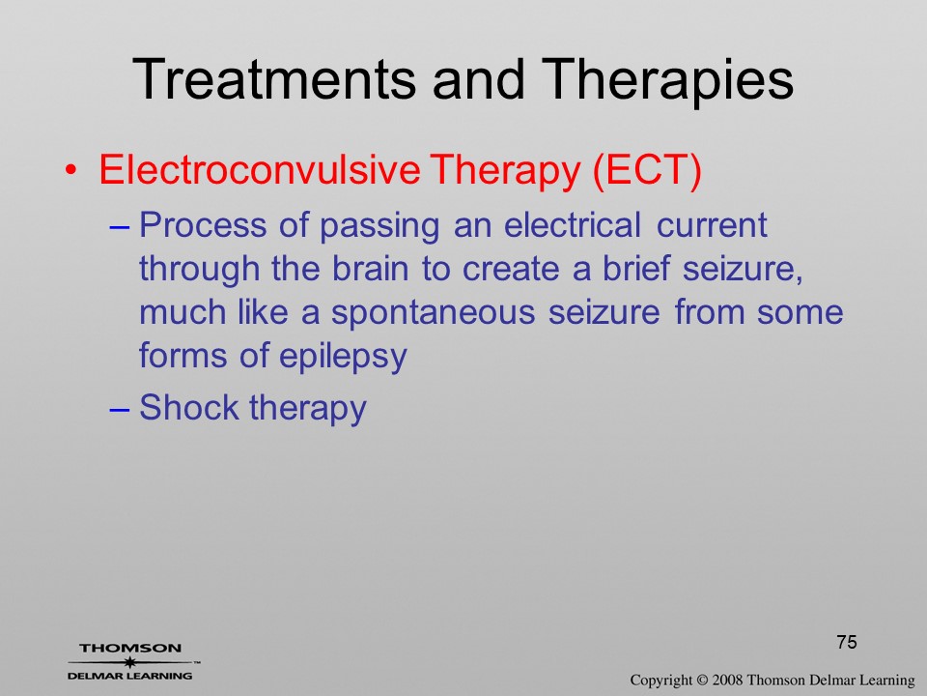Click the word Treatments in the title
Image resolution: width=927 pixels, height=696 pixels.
[274, 79]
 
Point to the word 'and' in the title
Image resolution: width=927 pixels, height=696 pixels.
[478, 79]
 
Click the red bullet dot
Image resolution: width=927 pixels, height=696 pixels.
[70, 170]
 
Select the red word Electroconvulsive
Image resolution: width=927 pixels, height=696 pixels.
[260, 169]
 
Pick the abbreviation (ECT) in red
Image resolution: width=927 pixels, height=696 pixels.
[646, 171]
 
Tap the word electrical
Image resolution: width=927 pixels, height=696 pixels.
[573, 225]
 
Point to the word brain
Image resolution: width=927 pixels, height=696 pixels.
[370, 269]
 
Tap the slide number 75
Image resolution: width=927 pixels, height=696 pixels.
[847, 642]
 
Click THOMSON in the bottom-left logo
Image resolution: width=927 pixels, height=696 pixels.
[130, 648]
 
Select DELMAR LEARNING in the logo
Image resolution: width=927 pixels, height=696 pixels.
[129, 676]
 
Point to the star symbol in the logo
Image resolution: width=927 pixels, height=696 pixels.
[129, 662]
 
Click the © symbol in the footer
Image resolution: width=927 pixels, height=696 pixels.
[702, 681]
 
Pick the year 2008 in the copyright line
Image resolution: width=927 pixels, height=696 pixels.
[727, 681]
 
